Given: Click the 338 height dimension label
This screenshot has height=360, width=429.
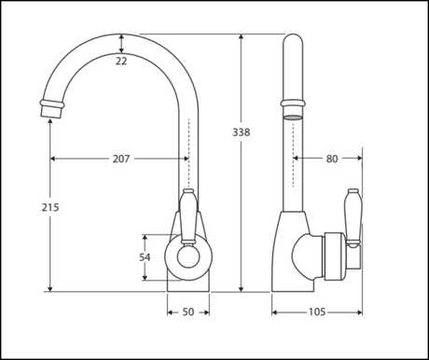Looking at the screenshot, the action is (242, 132).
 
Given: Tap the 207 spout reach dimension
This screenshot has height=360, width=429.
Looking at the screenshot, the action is (121, 159).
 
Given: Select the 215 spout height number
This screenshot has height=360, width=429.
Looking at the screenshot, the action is (50, 207).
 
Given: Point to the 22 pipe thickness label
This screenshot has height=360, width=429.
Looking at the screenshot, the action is (121, 62).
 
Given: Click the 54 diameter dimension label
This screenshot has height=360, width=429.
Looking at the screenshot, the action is (145, 257).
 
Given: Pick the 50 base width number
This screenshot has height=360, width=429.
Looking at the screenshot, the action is (188, 312).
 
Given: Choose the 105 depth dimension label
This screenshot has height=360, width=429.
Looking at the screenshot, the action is (317, 312).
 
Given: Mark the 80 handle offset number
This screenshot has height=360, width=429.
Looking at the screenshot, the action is (332, 159).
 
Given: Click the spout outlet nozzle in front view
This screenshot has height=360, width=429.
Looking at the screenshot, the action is (51, 108).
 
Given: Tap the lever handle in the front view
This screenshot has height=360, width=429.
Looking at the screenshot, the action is (187, 215).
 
